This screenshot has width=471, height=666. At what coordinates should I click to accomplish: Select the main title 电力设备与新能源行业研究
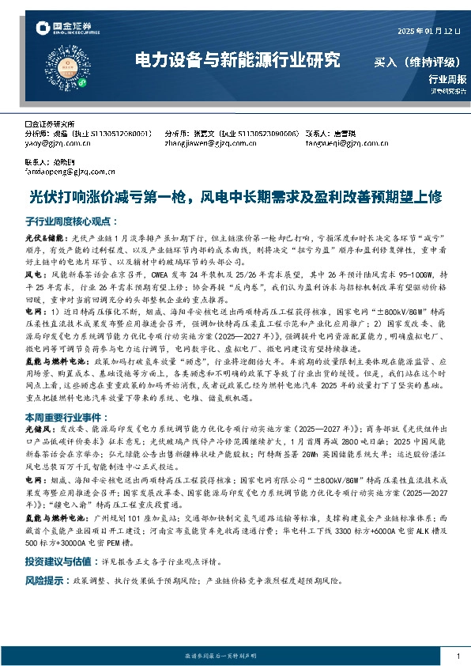pyautogui.click(x=238, y=60)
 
